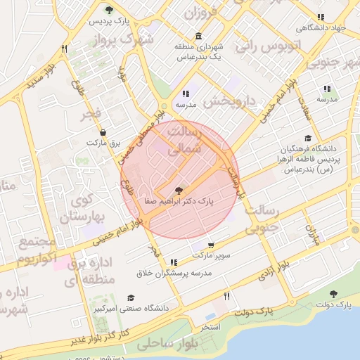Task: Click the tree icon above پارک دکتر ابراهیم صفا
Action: point(179,189)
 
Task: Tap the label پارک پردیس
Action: point(108,22)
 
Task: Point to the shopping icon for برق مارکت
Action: point(104,131)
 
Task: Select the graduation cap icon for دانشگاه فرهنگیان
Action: point(307,139)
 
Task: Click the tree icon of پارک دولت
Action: point(333,295)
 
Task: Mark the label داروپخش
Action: point(229,102)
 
